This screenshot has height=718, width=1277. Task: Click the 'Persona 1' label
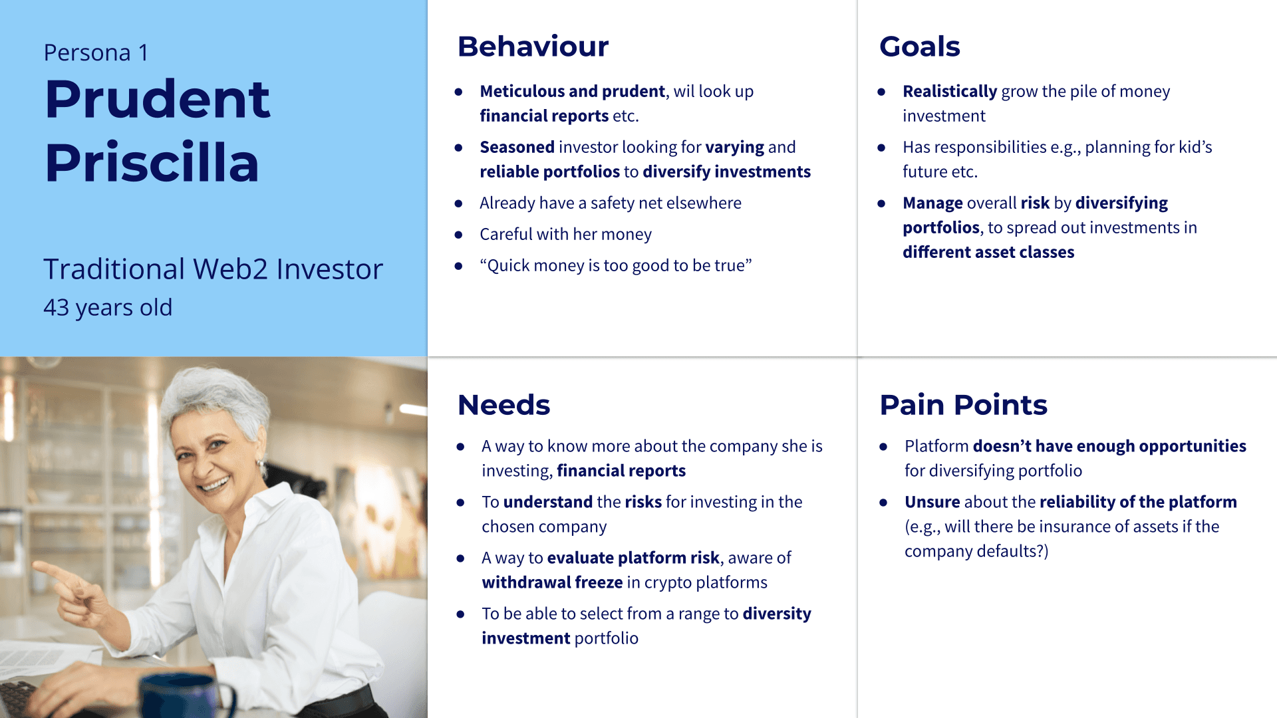96,53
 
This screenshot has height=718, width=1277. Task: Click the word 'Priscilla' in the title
152,163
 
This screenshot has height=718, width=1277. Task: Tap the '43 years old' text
108,307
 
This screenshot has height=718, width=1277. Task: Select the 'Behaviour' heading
533,47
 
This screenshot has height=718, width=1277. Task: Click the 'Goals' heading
920,47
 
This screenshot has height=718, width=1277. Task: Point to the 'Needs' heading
504,405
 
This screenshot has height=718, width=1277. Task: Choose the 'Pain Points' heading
964,405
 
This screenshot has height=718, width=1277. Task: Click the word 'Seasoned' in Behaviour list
517,147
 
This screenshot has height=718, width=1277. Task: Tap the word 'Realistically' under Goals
950,91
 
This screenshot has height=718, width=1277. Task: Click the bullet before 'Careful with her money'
458,235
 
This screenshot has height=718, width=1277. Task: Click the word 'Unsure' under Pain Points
932,502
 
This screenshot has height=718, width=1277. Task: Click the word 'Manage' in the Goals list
932,203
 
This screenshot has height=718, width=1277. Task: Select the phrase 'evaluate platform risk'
633,558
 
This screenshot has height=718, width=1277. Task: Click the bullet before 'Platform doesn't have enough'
883,447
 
